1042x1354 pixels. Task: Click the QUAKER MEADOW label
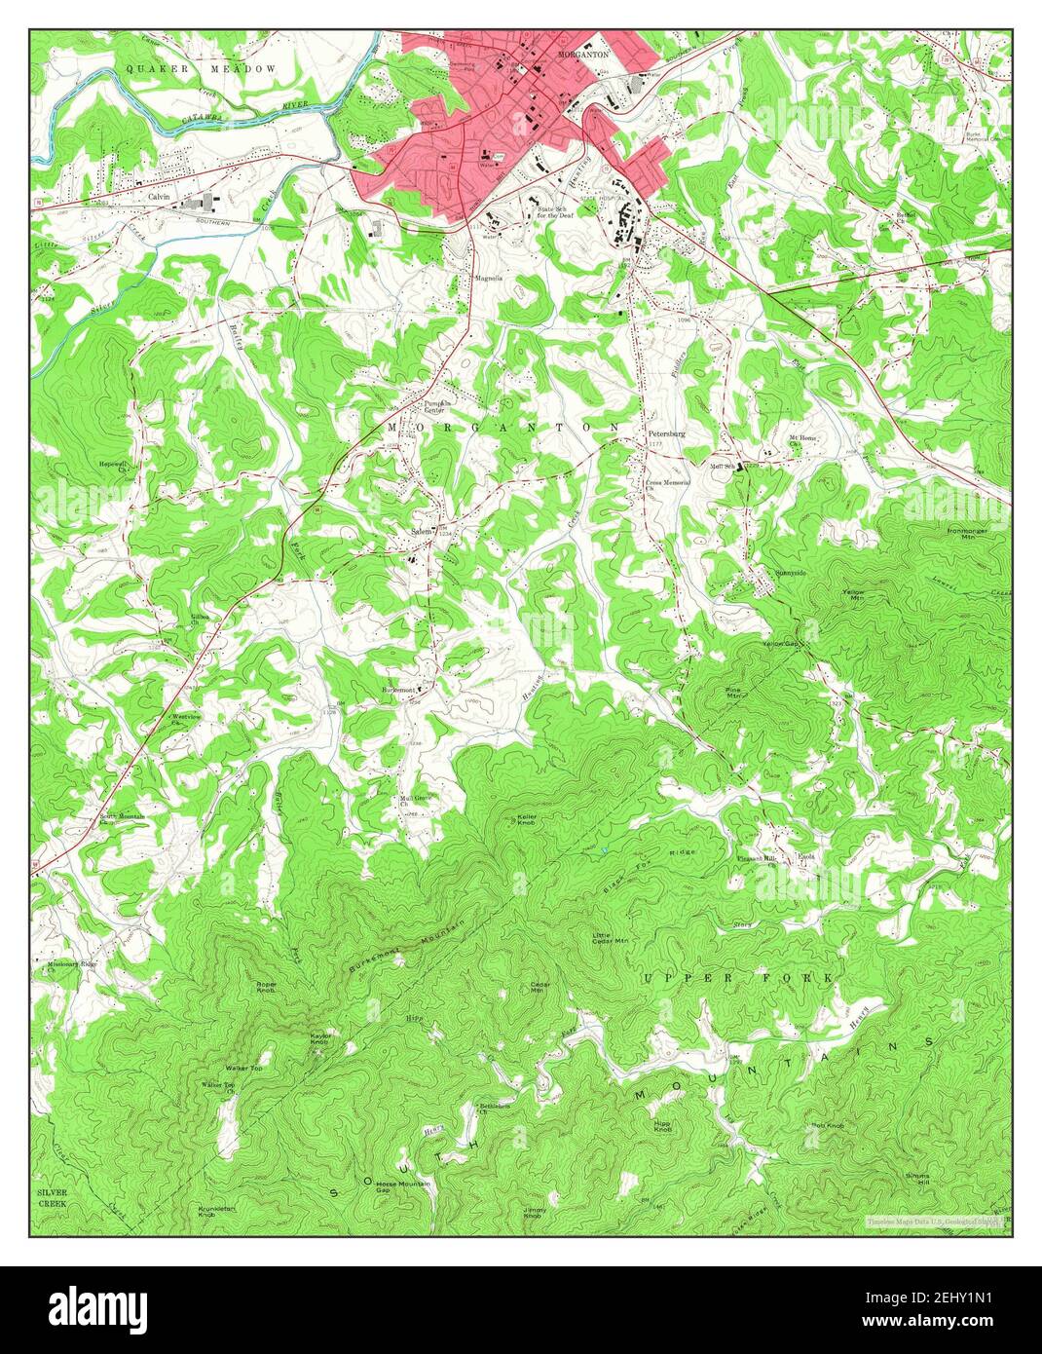(202, 70)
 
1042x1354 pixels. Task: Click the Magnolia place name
(488, 278)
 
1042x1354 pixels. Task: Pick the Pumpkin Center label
(433, 405)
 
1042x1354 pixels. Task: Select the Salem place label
(422, 532)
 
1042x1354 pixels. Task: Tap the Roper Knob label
(266, 987)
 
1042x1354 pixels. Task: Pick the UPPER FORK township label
(738, 976)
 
